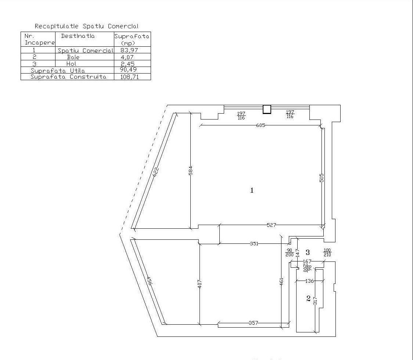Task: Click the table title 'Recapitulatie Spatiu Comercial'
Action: point(86,26)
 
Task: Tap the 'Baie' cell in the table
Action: point(73,57)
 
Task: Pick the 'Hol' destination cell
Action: point(71,64)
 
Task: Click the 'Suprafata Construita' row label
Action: point(68,77)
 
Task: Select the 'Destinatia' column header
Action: point(78,36)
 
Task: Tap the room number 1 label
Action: point(252,190)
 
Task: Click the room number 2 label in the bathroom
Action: point(308,299)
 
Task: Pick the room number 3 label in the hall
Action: point(308,253)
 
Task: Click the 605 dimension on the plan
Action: point(261,125)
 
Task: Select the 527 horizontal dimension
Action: point(271,225)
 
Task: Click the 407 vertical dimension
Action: point(200,284)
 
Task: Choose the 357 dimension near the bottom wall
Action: point(254,323)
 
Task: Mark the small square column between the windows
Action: point(267,109)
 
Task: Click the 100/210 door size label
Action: point(327,253)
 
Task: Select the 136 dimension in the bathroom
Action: point(310,281)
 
